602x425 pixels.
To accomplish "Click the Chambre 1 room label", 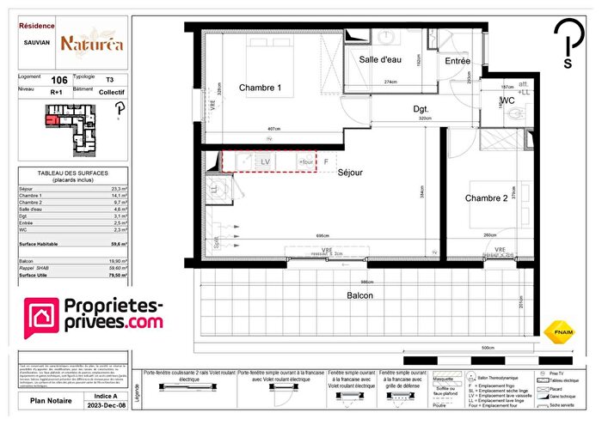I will pos(260,88).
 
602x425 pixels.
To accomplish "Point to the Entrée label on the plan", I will pos(458,61).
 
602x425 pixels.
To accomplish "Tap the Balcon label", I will pos(360,294).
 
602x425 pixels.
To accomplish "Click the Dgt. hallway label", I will pos(421,109).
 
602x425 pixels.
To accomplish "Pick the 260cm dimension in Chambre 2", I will pos(489,235).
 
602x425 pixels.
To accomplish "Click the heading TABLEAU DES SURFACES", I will pos(72,175).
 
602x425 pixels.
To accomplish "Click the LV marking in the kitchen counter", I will pos(266,161).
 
